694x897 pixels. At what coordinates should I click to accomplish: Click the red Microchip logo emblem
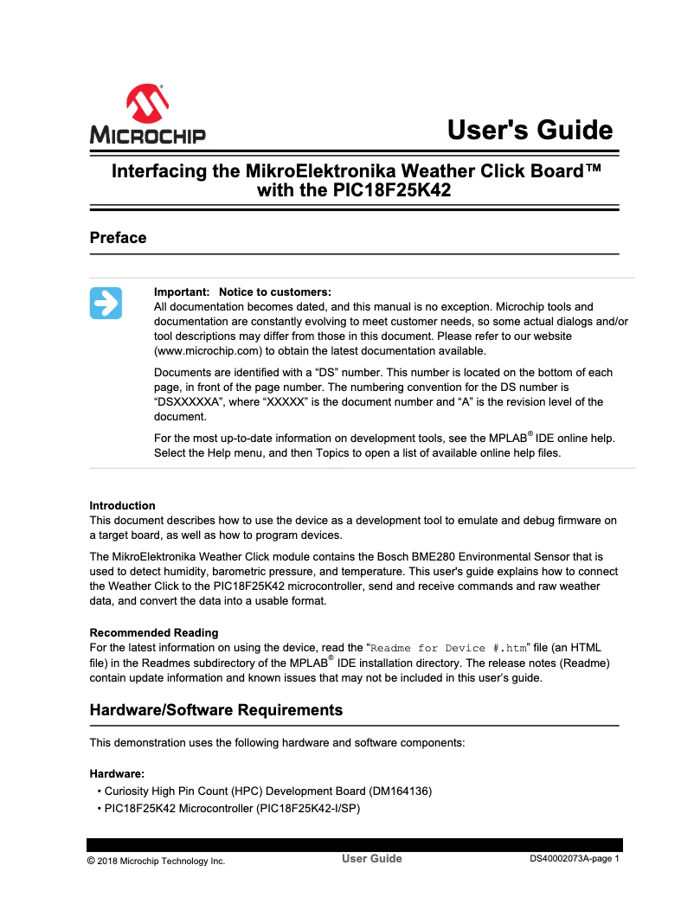tap(147, 104)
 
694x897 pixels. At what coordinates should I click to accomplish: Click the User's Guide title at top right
tap(530, 131)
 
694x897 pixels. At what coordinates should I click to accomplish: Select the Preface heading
tap(118, 238)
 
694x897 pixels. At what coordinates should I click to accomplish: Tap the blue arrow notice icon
tap(106, 303)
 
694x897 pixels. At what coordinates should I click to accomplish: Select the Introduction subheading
tap(123, 506)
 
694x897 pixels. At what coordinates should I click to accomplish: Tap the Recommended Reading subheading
tap(154, 633)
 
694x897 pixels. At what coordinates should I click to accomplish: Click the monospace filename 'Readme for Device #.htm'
tap(448, 648)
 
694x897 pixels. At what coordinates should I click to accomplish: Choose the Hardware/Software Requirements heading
tap(216, 710)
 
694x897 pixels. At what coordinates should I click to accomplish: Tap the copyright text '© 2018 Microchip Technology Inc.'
tap(156, 861)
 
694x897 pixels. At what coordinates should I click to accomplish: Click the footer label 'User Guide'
tap(372, 859)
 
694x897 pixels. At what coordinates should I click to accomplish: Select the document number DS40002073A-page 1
tap(575, 859)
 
